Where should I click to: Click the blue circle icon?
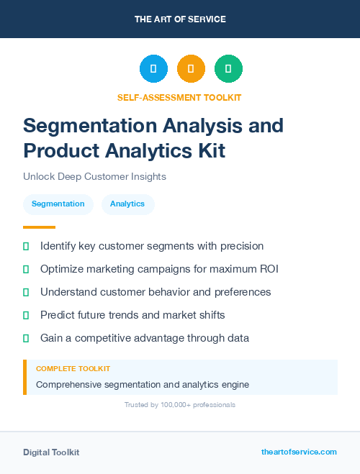pos(153,69)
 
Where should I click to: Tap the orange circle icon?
pos(191,69)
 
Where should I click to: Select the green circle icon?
pos(228,69)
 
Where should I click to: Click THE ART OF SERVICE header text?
pos(180,19)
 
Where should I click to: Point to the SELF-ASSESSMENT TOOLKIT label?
pos(179,97)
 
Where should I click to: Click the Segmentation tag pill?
pos(58,204)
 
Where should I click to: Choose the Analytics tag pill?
pos(127,204)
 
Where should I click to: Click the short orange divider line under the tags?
pos(29,227)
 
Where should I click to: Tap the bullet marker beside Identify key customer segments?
pos(26,246)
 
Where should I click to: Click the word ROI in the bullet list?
pos(268,269)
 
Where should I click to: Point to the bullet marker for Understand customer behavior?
pos(26,292)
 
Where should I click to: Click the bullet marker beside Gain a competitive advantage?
pos(26,338)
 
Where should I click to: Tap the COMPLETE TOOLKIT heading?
pos(73,369)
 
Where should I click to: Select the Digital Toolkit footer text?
pos(51,452)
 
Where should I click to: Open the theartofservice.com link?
pos(299,452)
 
